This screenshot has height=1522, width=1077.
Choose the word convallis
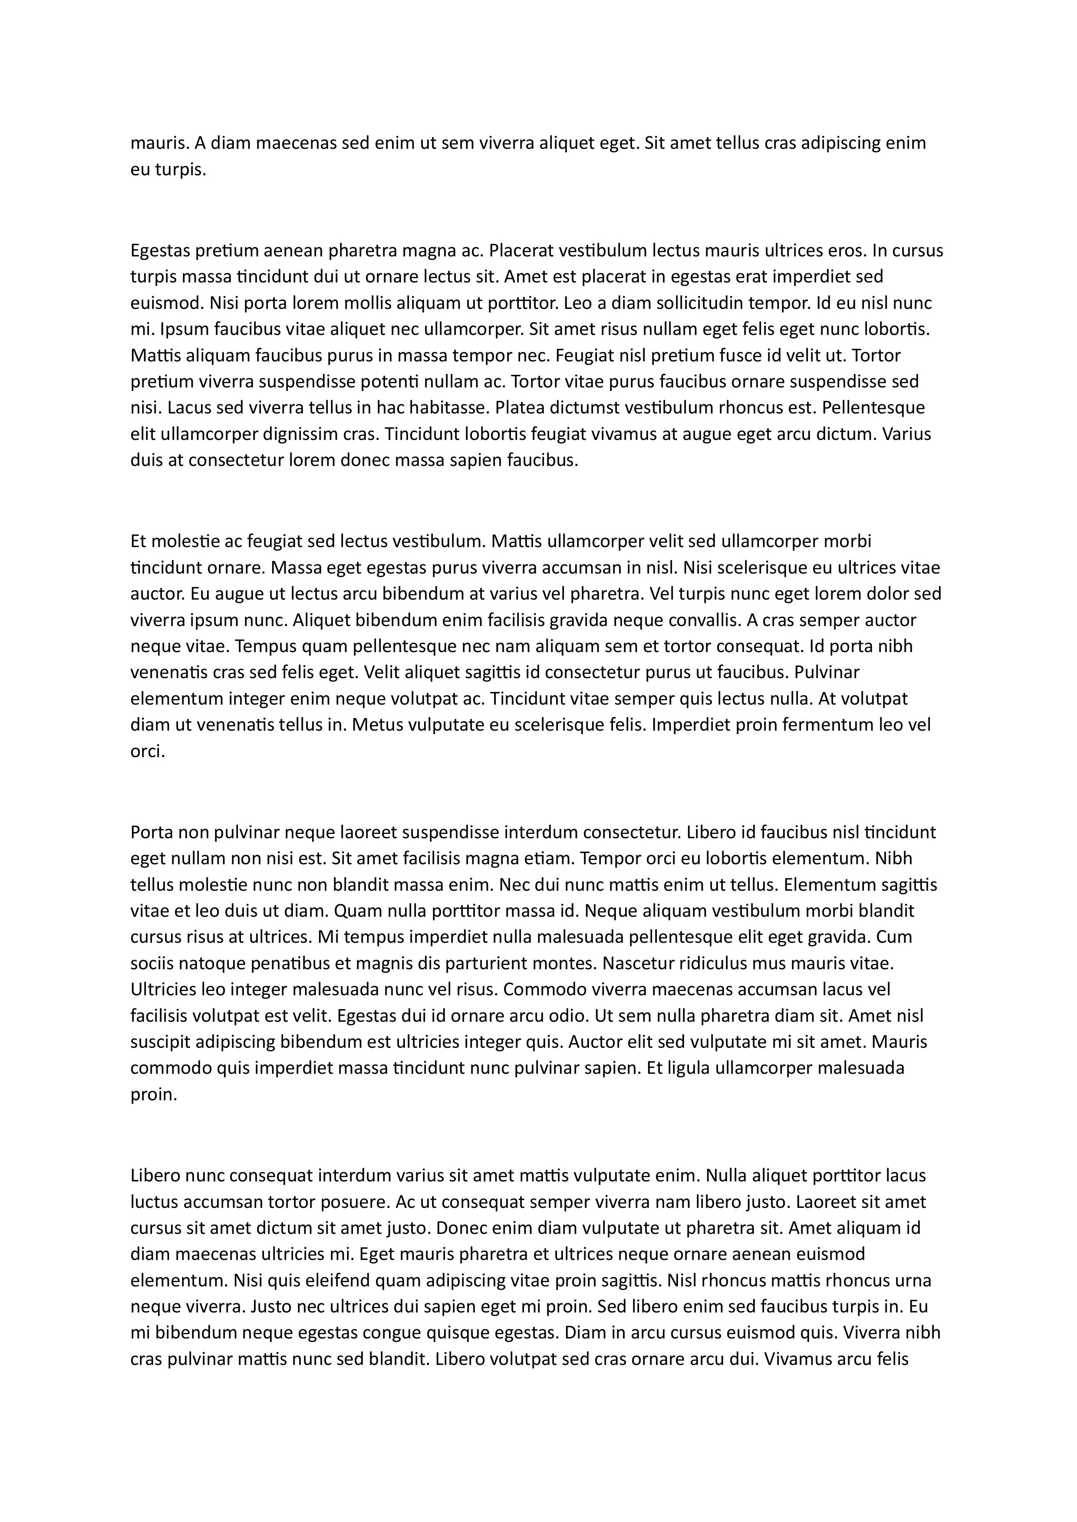click(702, 620)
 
